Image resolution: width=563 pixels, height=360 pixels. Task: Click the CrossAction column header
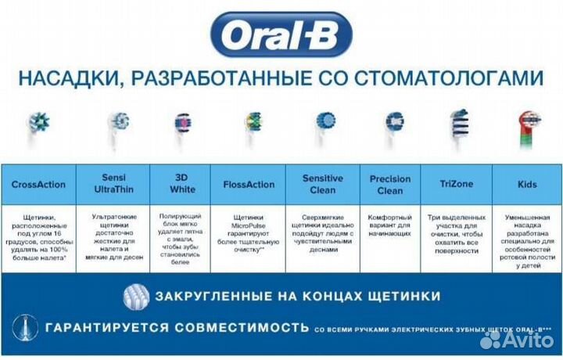click(x=38, y=185)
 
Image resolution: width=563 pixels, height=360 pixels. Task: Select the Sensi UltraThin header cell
click(x=114, y=185)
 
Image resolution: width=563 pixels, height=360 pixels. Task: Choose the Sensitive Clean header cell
click(x=323, y=185)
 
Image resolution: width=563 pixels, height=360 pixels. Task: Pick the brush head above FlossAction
click(x=252, y=124)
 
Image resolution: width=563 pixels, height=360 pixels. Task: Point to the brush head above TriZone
click(x=457, y=124)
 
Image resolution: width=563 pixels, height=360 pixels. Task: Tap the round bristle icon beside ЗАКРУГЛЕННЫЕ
click(x=136, y=297)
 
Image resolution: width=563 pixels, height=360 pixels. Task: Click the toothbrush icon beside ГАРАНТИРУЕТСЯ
click(x=26, y=326)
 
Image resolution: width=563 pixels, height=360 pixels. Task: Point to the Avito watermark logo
click(x=516, y=338)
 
